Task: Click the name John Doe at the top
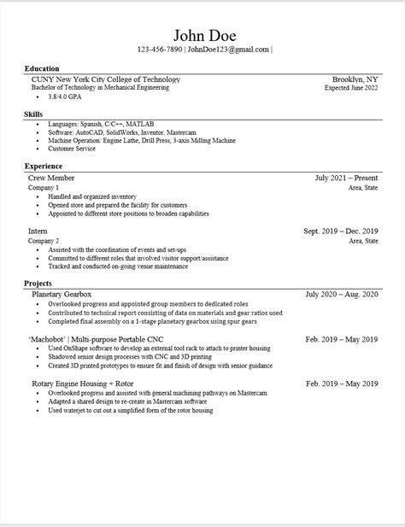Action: point(204,35)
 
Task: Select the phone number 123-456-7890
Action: point(159,50)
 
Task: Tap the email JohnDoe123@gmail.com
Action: point(229,50)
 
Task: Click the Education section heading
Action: point(42,68)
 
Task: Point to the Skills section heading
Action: point(34,114)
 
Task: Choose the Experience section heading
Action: point(44,166)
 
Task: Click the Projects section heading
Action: point(38,284)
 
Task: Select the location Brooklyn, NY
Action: point(355,79)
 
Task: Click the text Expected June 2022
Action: point(351,88)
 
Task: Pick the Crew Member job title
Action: point(51,178)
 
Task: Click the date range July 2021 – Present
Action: point(346,178)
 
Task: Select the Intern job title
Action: point(38,231)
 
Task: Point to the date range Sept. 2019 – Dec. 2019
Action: point(340,231)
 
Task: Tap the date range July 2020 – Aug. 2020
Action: point(342,295)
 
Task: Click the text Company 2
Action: point(44,241)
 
